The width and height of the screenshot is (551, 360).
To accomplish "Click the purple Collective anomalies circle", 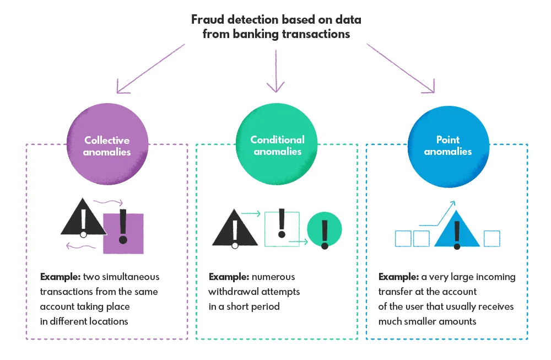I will pyautogui.click(x=107, y=145).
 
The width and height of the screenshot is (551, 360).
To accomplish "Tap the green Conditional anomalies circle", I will pyautogui.click(x=277, y=145).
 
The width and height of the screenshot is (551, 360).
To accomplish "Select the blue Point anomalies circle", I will pyautogui.click(x=447, y=145).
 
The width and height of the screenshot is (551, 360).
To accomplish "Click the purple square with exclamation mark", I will pyautogui.click(x=123, y=233).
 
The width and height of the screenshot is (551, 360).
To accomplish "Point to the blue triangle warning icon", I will pyautogui.click(x=456, y=232).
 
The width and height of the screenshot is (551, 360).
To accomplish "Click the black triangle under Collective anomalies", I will pyautogui.click(x=83, y=221).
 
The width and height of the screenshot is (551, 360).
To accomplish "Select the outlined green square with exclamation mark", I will pyautogui.click(x=282, y=227).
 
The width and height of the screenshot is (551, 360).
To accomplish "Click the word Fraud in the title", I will pyautogui.click(x=205, y=20).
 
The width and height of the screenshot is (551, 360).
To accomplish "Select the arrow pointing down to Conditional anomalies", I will pyautogui.click(x=274, y=72).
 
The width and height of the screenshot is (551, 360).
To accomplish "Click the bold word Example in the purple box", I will pyautogui.click(x=58, y=277).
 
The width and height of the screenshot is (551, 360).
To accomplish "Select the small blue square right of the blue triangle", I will pyautogui.click(x=491, y=238).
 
